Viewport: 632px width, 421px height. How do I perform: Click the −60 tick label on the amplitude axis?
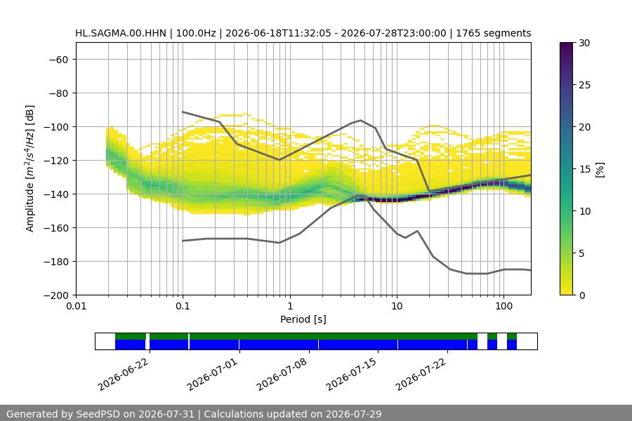[x=58, y=60]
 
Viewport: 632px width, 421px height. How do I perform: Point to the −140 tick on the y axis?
[x=58, y=194]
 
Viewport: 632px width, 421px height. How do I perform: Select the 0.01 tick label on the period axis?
[x=76, y=306]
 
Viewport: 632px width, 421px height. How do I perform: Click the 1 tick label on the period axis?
[x=290, y=306]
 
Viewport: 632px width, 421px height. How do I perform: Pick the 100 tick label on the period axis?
[x=503, y=306]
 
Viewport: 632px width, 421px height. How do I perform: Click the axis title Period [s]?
[x=303, y=319]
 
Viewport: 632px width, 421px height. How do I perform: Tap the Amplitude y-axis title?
[x=29, y=168]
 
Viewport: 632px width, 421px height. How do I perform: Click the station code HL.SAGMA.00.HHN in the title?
[x=121, y=33]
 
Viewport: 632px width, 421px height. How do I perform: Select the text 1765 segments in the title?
[x=494, y=33]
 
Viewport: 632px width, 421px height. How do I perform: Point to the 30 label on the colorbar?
[x=584, y=43]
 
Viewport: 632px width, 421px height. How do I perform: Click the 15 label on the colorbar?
[x=584, y=169]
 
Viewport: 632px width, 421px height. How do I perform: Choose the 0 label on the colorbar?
[x=581, y=295]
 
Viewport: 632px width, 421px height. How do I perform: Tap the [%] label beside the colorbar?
[x=600, y=169]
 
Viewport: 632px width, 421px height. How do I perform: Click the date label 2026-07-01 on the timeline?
[x=212, y=374]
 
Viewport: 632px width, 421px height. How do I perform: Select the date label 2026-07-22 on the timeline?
[x=421, y=374]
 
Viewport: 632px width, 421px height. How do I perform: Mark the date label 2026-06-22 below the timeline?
[x=124, y=374]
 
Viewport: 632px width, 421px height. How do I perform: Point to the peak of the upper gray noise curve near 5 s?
[x=361, y=120]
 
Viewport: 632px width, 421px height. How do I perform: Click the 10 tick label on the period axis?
[x=397, y=306]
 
